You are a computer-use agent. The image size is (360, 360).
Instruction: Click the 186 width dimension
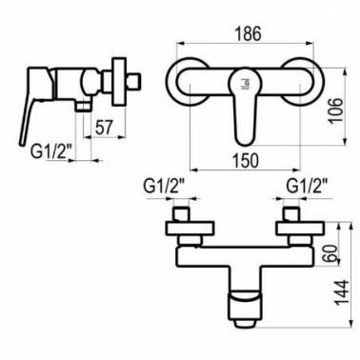248,34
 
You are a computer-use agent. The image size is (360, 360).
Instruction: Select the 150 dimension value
246,160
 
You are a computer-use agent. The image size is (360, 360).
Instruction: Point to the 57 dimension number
104,128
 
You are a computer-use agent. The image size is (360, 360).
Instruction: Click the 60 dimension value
329,253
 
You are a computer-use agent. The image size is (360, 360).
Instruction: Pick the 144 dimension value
342,292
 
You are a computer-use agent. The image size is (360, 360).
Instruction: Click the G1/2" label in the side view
50,153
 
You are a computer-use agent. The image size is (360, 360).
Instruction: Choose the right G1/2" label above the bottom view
307,187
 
